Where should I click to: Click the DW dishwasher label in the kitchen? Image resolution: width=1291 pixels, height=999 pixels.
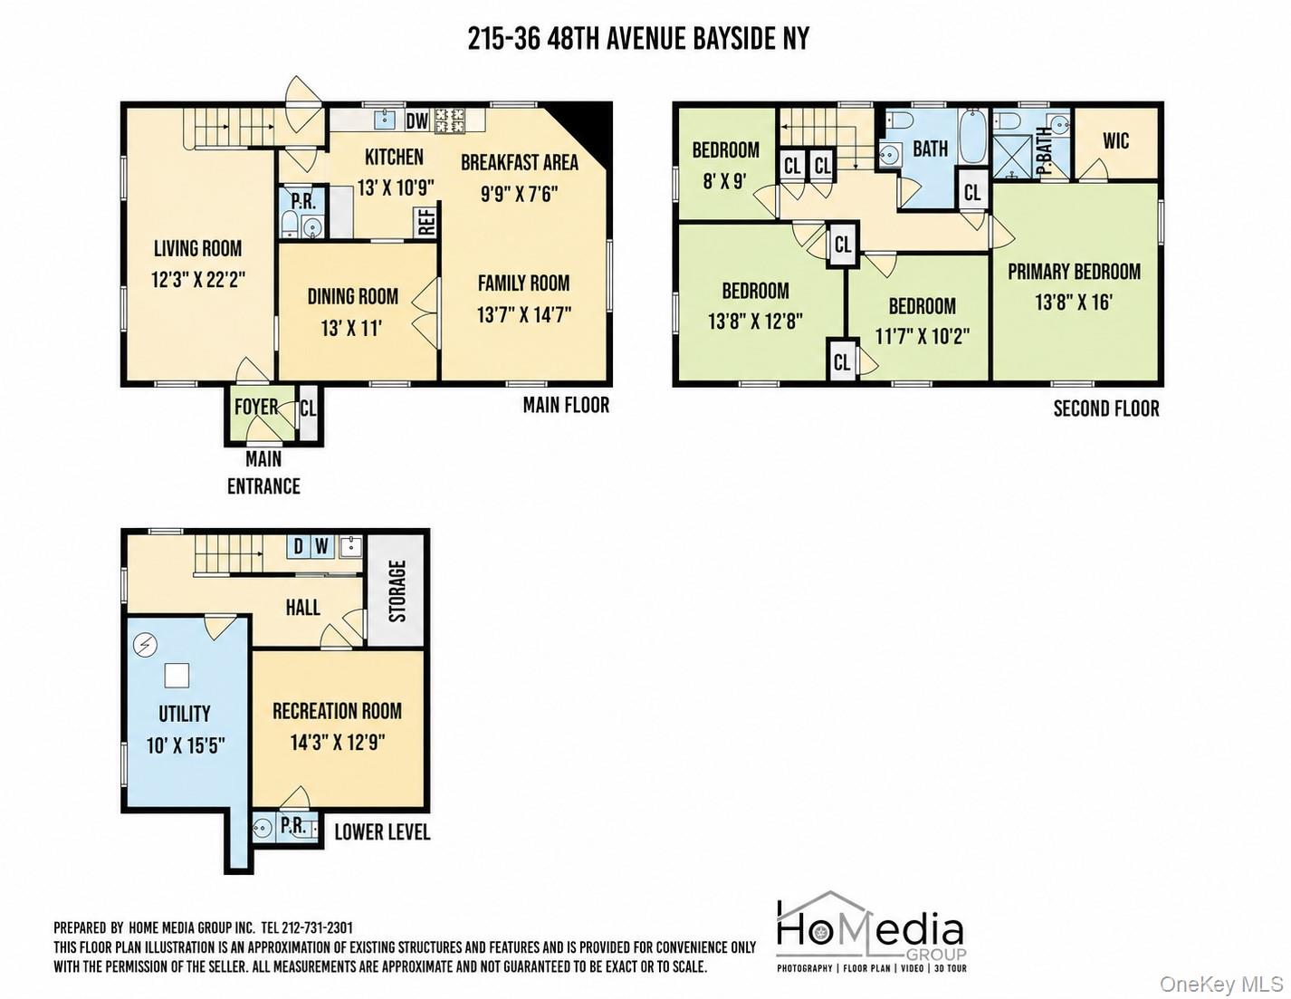(417, 121)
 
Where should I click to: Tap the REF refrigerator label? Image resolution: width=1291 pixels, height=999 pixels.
(427, 220)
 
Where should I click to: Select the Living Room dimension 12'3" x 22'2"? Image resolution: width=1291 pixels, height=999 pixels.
(198, 279)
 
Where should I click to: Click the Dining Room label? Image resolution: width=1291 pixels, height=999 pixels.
(353, 296)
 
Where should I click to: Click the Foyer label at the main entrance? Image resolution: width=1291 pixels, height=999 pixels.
(256, 407)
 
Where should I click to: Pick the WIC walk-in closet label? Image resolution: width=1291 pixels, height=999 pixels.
(1115, 141)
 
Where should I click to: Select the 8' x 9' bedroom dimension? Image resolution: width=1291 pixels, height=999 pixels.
(725, 180)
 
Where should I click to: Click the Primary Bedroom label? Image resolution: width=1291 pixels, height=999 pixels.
(1074, 272)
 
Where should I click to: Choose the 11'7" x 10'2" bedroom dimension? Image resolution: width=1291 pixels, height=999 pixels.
(922, 337)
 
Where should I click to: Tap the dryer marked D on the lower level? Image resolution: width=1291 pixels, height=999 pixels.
(298, 545)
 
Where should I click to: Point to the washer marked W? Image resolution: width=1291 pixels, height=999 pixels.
(321, 545)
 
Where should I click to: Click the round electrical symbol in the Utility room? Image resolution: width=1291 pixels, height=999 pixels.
(146, 644)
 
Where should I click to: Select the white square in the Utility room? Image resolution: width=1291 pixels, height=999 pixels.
(177, 675)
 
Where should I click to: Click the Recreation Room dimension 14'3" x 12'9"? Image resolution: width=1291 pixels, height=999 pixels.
(338, 743)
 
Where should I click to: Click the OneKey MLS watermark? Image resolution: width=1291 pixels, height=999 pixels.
(1221, 985)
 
